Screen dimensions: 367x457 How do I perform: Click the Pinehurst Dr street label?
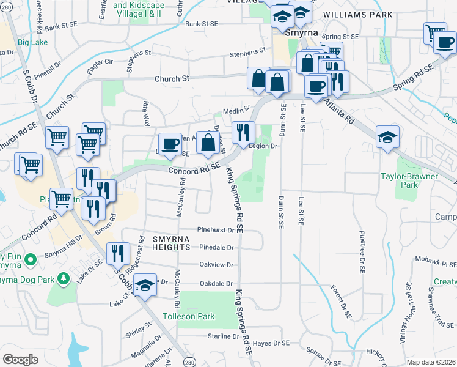tap(216, 230)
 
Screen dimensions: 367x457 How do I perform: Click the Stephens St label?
tap(248, 54)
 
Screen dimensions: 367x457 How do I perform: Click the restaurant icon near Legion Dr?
tap(243, 132)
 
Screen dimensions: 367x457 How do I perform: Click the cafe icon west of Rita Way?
tap(170, 144)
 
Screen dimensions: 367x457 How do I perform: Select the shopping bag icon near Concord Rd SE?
tap(208, 142)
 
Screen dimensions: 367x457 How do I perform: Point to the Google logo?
tap(20, 360)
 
